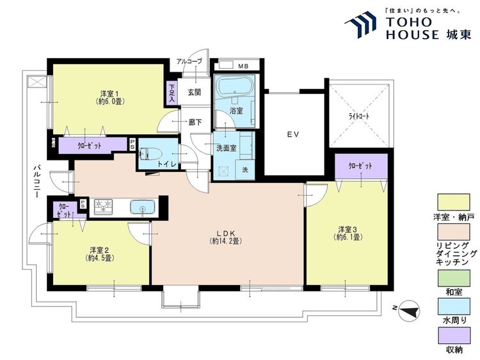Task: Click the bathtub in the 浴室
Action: tap(234, 86)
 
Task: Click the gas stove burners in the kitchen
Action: tap(103, 206)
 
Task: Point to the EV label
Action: tap(293, 134)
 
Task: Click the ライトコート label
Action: tap(359, 116)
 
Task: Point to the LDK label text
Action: tap(226, 233)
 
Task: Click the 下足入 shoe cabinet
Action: tap(172, 93)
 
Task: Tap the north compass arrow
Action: tap(410, 311)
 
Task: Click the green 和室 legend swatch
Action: tap(454, 278)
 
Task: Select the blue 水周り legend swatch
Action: tap(454, 306)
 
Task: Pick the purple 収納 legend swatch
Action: tap(454, 336)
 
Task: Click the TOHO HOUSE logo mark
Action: tap(360, 24)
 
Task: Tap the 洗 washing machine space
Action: tap(245, 169)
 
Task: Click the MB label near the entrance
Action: tap(244, 66)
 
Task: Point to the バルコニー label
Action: tap(37, 181)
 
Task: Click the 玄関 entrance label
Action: tap(194, 92)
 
